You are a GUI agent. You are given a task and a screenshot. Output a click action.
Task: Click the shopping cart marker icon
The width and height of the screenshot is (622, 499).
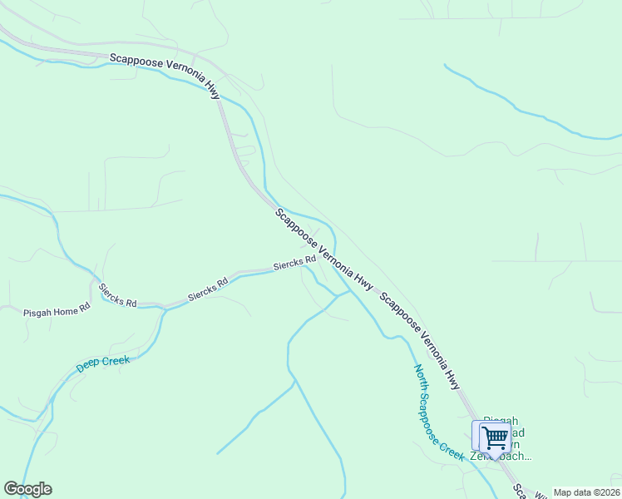pos(494,437)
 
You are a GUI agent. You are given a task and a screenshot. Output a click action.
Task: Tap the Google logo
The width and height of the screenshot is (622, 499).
pos(27,489)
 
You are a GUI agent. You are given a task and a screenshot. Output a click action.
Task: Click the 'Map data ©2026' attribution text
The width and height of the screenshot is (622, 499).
pos(587,492)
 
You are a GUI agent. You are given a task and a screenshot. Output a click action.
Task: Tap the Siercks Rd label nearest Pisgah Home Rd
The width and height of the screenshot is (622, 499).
pos(117,295)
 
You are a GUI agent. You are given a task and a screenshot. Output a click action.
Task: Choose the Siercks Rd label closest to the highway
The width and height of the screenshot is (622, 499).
pos(295,264)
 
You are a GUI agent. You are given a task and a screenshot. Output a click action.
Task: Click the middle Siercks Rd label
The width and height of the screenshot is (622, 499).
pos(207,289)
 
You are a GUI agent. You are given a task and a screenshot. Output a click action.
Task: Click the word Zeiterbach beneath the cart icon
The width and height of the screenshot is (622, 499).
pos(500,456)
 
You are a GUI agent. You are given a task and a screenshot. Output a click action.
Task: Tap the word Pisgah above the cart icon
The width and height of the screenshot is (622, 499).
pos(501,421)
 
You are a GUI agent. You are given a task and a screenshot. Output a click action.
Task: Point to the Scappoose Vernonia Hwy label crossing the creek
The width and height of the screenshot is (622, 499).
pos(323,248)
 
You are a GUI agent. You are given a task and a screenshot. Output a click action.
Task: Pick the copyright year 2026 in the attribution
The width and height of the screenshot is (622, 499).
pos(607,492)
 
